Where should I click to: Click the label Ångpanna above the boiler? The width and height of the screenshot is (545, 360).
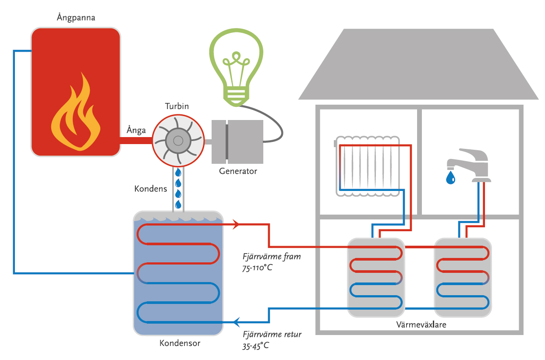pyautogui.click(x=76, y=18)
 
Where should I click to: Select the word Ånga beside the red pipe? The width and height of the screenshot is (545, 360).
pyautogui.click(x=136, y=130)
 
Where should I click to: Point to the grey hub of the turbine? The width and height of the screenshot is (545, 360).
pyautogui.click(x=178, y=141)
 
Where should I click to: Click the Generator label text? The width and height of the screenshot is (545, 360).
pyautogui.click(x=238, y=171)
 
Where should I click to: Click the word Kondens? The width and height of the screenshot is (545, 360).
pyautogui.click(x=151, y=189)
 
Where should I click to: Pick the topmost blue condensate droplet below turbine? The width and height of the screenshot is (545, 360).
pyautogui.click(x=178, y=173)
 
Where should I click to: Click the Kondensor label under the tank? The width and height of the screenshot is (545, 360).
pyautogui.click(x=180, y=343)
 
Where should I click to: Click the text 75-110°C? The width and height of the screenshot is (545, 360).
pyautogui.click(x=257, y=268)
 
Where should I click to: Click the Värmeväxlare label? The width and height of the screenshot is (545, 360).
pyautogui.click(x=421, y=325)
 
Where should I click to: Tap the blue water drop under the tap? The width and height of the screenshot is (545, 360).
pyautogui.click(x=450, y=177)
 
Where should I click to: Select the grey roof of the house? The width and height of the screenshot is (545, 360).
pyautogui.click(x=418, y=66)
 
